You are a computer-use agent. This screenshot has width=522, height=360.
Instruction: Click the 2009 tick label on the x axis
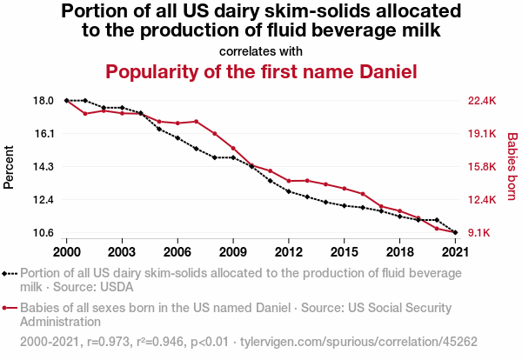pos(233,251)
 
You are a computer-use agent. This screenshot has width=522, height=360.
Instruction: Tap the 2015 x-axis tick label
pos(344,251)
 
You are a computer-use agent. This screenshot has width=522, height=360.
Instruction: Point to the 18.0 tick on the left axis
pos(44,101)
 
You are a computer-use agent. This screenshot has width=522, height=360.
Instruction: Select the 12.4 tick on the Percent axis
pos(44,200)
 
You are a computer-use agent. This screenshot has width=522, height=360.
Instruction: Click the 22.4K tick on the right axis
pos(482,101)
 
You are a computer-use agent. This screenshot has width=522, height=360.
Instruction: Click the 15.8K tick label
pos(482,167)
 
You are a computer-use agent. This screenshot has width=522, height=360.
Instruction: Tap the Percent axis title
pos(10,166)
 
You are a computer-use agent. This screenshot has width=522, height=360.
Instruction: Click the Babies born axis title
pos(512,166)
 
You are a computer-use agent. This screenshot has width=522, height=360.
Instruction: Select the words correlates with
pos(261,50)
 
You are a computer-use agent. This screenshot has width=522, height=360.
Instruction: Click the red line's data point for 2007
pos(197,122)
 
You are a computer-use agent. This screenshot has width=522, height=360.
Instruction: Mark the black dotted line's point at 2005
pos(159,129)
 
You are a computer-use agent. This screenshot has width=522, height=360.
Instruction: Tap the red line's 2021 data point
pos(455,232)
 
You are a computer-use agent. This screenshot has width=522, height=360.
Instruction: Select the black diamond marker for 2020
pos(437,220)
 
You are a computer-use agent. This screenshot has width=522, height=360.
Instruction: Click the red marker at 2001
pos(85,114)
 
